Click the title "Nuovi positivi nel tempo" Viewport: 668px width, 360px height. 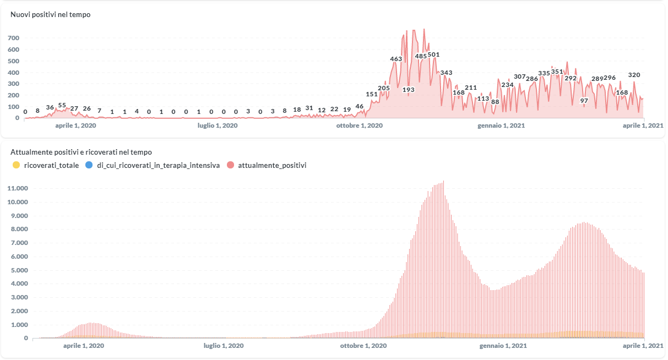(x=51, y=15)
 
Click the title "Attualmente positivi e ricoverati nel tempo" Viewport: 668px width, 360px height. (x=81, y=152)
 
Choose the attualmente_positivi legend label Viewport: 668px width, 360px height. (x=272, y=165)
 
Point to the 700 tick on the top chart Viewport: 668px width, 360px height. (x=14, y=38)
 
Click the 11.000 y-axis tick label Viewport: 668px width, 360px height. (x=18, y=188)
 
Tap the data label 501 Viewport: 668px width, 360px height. (x=433, y=55)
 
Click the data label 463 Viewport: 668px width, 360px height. (x=396, y=59)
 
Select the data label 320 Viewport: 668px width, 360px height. (x=634, y=75)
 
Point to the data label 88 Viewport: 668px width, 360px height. (x=495, y=102)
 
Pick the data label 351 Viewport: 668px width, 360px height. (x=557, y=72)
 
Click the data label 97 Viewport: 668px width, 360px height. (x=584, y=101)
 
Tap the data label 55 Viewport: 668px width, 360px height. (x=62, y=105)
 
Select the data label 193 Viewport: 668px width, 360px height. (x=408, y=90)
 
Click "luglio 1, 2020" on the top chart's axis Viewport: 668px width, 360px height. (x=218, y=126)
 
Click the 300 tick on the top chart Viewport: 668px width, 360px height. (x=14, y=84)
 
